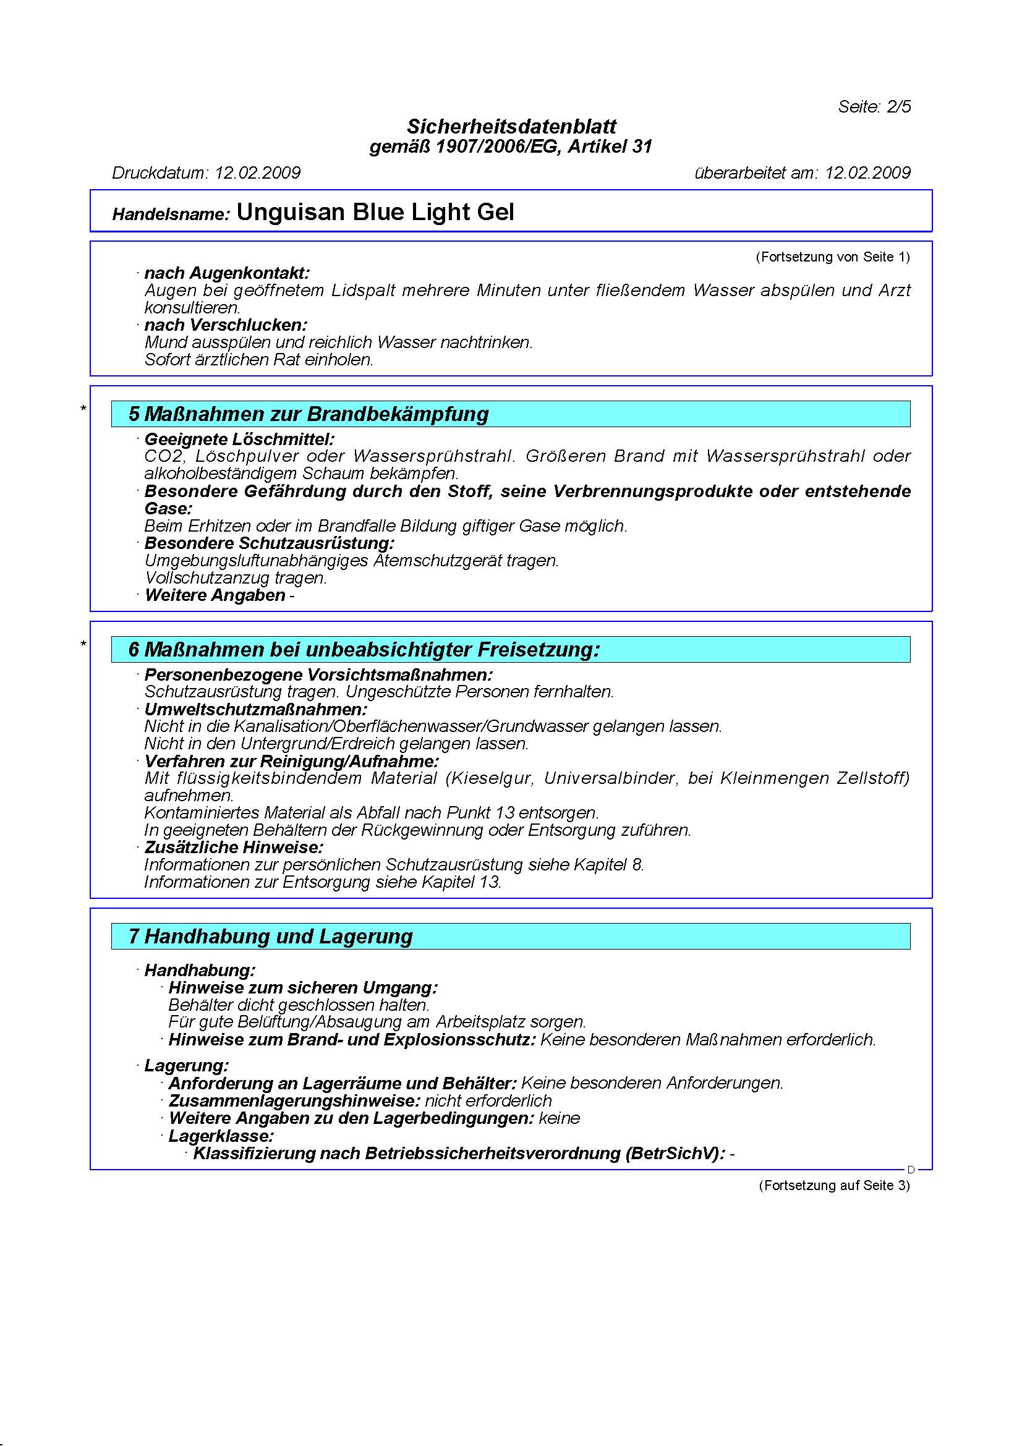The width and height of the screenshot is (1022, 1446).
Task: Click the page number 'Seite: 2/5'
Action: coord(874,106)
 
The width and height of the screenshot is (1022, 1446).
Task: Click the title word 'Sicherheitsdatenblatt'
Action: coord(511,127)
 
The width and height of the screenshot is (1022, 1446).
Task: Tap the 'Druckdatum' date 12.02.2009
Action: coord(258,172)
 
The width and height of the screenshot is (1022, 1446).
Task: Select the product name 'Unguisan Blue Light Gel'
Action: coord(375,212)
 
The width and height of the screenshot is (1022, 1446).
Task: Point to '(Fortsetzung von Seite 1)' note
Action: coord(832,257)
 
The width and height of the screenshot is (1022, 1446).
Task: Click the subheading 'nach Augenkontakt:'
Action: coord(227,273)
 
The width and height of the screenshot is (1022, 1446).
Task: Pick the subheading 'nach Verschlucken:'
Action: coord(226,326)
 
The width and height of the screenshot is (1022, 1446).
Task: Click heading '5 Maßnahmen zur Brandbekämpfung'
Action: coord(309,414)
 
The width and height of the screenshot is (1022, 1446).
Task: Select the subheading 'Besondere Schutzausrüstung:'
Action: coord(269,543)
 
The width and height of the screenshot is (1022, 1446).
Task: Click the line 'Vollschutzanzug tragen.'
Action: coord(236,577)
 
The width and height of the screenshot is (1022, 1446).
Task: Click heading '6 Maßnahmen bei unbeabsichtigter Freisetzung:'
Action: coord(364,649)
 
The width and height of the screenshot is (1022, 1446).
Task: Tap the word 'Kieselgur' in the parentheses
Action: coord(493,778)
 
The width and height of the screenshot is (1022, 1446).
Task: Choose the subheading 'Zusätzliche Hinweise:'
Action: coord(234,847)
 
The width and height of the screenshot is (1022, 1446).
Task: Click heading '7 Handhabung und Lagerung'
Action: coord(271,936)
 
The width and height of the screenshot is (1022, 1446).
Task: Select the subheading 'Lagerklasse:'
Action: coord(221,1136)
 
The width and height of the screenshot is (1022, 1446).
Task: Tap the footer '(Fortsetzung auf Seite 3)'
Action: coord(833,1185)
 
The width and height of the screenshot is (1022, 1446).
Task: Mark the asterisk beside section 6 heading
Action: coord(83,644)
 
